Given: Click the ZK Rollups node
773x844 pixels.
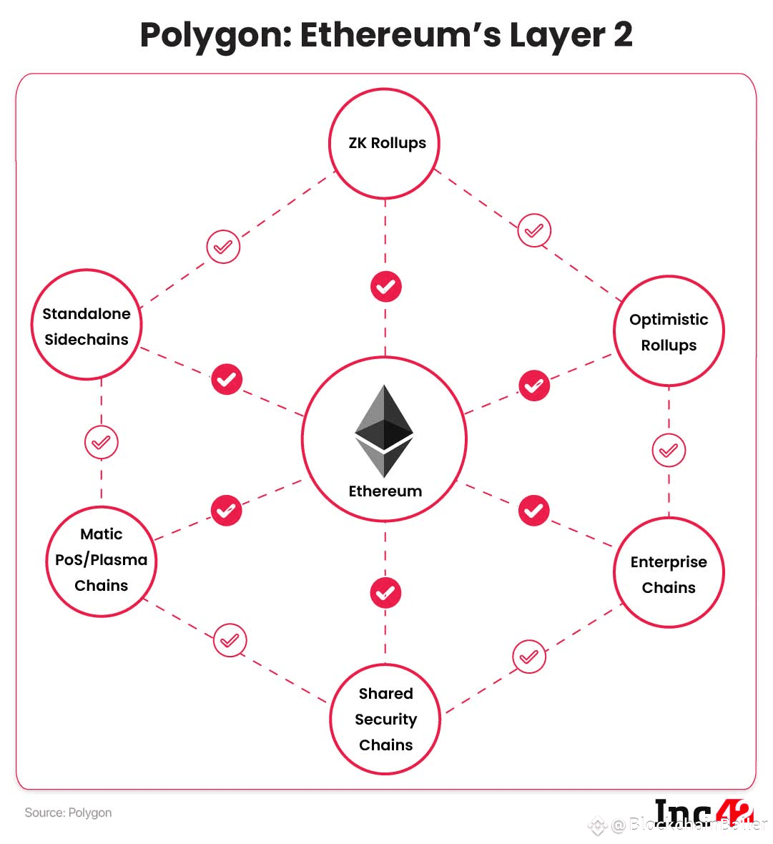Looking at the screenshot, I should (x=385, y=143).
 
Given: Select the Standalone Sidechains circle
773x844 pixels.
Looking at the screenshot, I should (x=87, y=325).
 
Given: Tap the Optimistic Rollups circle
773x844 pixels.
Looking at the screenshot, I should (x=669, y=332).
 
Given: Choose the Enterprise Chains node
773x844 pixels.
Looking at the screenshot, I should (x=669, y=574).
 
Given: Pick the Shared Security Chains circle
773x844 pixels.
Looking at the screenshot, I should (x=385, y=719).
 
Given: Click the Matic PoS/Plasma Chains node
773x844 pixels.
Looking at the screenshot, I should (x=101, y=560).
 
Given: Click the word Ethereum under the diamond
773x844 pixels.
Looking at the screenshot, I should (x=385, y=491).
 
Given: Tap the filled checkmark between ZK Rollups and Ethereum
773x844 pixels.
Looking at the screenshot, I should (x=385, y=287).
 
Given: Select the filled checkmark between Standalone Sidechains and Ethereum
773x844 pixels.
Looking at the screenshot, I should (x=227, y=379).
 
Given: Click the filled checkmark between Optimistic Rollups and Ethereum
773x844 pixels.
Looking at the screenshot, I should (x=533, y=386).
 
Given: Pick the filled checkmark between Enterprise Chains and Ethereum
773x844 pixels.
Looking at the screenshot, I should (x=533, y=510).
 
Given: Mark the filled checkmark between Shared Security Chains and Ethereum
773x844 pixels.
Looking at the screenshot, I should (x=385, y=593).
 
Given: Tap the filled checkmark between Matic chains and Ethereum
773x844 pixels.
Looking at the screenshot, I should (x=226, y=511).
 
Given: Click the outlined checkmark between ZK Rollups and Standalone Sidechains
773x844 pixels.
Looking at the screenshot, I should (x=223, y=247).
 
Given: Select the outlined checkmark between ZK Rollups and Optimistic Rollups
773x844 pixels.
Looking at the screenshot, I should (x=534, y=230).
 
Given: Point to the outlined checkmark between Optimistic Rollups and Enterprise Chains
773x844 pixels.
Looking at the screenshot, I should (x=669, y=451).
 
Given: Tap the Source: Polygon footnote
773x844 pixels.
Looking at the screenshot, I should (x=68, y=813).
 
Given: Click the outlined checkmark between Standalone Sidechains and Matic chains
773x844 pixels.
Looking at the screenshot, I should (x=101, y=442).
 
